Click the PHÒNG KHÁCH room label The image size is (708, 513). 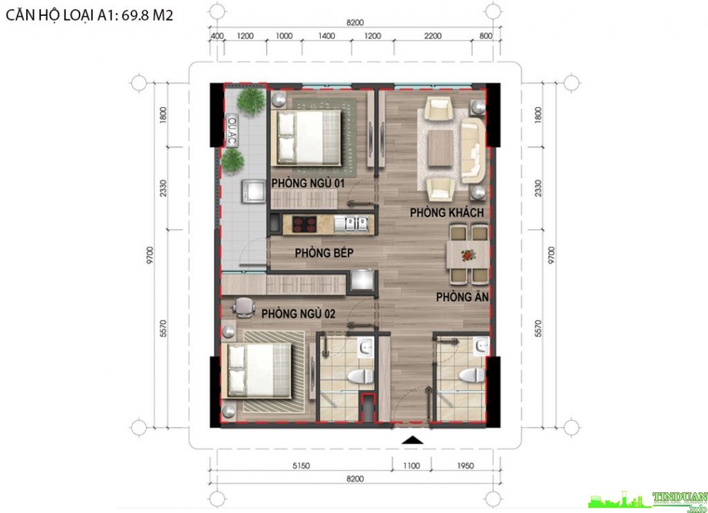(447, 213)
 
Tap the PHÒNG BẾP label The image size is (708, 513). (324, 253)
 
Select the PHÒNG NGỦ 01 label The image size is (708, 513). (308, 183)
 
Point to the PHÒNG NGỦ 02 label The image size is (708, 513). (298, 313)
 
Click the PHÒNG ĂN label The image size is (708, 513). (463, 296)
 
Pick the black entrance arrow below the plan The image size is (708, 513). (412, 440)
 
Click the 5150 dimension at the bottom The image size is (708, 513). (301, 465)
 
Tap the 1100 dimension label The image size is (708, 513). (411, 465)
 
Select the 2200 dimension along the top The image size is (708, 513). (433, 36)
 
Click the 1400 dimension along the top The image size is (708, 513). (326, 36)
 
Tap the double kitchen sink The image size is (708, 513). (351, 224)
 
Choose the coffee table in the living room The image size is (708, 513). (440, 148)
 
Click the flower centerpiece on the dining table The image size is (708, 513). (469, 255)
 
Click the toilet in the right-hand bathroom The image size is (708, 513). (472, 375)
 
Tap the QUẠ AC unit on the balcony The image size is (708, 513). (232, 130)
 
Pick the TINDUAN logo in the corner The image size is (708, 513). (649, 501)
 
